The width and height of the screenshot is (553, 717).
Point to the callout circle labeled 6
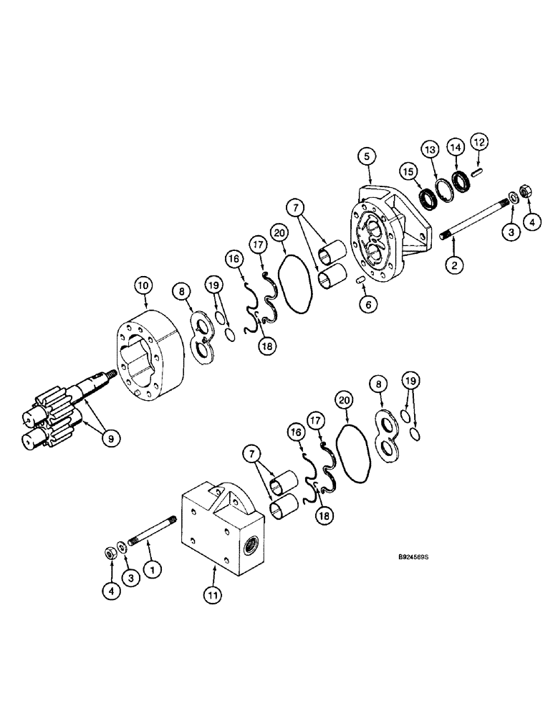tap(368, 304)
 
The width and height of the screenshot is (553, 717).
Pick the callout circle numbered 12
tap(479, 143)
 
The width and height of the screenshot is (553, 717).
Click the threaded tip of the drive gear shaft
tap(112, 374)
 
